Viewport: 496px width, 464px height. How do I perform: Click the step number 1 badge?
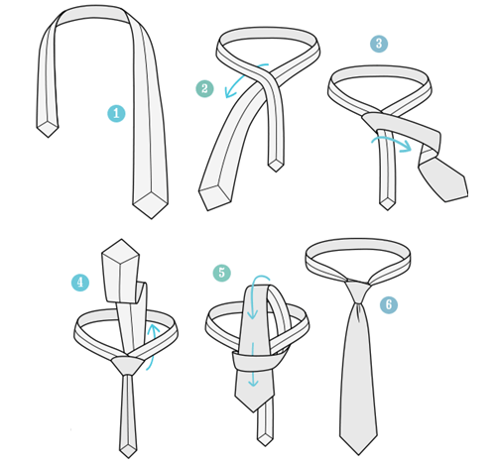[116, 113]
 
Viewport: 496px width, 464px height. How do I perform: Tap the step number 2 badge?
[204, 89]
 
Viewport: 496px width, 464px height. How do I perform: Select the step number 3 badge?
[378, 45]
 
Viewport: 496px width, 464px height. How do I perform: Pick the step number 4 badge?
[80, 282]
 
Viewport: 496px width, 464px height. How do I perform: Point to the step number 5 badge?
[221, 272]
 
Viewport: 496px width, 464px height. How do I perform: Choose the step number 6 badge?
[389, 305]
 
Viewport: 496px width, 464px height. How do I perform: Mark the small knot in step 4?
[125, 364]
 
